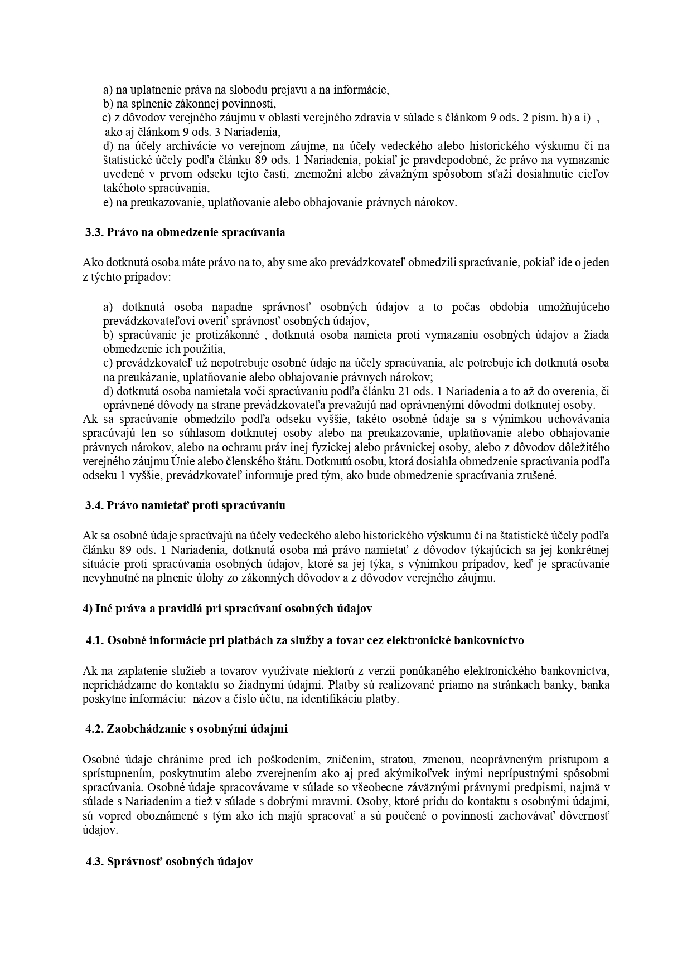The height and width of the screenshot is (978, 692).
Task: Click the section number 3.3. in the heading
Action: tap(94, 232)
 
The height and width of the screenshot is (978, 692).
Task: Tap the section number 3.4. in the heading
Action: tap(94, 505)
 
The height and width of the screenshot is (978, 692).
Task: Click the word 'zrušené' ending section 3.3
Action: tap(538, 476)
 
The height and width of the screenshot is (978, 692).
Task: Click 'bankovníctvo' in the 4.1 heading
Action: tap(488, 640)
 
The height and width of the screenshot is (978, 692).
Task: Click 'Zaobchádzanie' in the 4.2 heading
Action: tap(142, 728)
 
